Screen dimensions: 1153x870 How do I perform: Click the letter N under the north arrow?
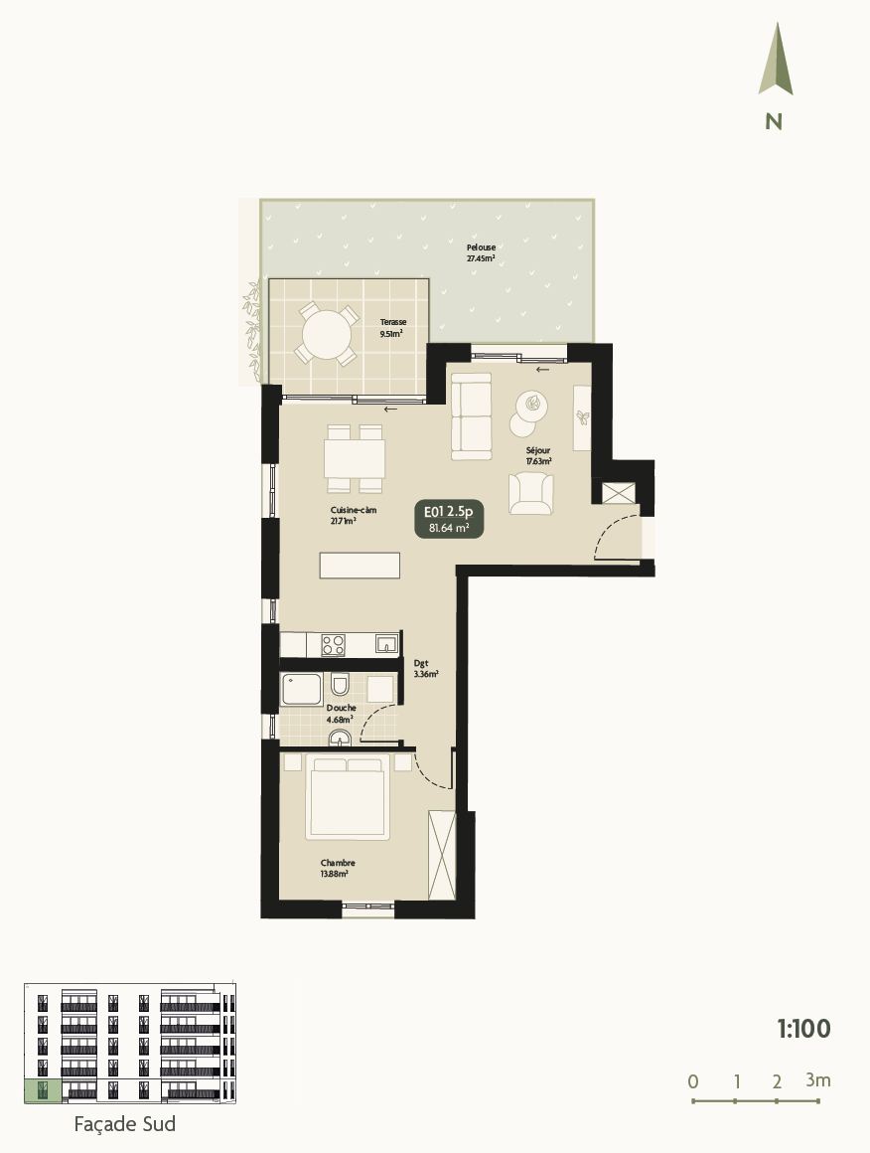(774, 121)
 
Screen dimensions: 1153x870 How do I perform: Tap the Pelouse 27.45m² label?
(481, 252)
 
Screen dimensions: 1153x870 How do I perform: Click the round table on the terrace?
(327, 335)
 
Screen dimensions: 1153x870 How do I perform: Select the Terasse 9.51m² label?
(390, 328)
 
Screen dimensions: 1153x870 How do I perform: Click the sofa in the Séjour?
(472, 416)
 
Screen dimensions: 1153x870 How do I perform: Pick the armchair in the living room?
(530, 493)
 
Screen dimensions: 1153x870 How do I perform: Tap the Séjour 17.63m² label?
(539, 455)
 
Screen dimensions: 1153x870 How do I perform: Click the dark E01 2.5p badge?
(449, 519)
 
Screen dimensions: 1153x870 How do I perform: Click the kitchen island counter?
(361, 565)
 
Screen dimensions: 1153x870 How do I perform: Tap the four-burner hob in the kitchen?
(333, 645)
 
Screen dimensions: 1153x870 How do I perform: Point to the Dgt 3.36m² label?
(427, 667)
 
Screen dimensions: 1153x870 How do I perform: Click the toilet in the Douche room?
(340, 684)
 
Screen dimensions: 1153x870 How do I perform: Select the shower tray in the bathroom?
(301, 689)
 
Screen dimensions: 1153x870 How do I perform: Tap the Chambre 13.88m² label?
(338, 868)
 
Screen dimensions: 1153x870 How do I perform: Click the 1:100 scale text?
(802, 1029)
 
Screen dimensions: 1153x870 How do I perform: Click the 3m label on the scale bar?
(817, 1079)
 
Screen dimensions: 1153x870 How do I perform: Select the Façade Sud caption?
(125, 1124)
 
